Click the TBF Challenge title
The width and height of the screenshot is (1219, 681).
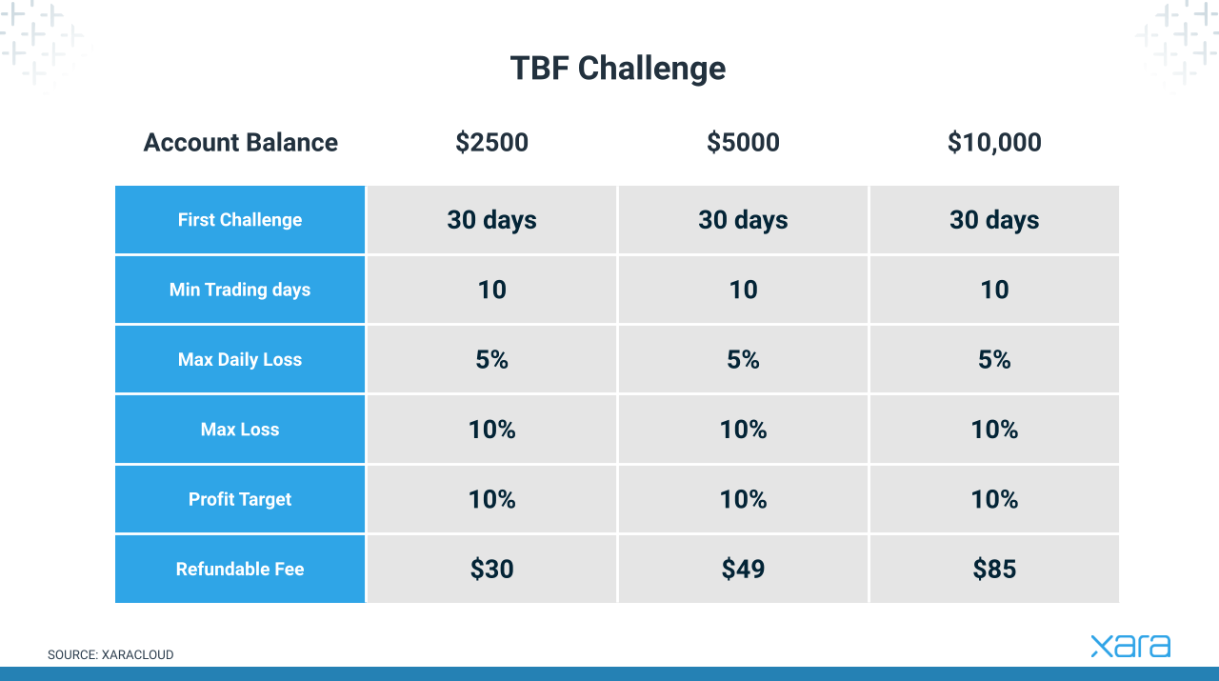pos(618,69)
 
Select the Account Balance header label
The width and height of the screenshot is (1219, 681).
pos(241,143)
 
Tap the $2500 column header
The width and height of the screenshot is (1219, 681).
pos(492,143)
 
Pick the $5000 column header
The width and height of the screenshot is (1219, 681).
pos(744,143)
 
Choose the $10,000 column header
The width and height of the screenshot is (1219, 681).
pos(994,143)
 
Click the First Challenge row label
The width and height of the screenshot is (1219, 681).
pos(240,220)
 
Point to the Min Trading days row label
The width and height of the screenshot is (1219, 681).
pos(240,290)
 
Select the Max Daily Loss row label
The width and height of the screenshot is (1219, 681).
pos(240,359)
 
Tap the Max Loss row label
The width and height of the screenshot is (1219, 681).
pos(240,430)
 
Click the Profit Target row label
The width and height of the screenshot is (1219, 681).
pos(240,499)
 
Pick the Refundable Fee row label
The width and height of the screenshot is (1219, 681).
pos(240,569)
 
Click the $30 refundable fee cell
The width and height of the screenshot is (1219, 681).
pos(492,569)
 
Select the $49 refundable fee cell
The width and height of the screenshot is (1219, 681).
pos(744,569)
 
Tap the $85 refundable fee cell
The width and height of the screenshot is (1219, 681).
pos(994,569)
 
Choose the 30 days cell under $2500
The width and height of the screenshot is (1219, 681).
pos(492,220)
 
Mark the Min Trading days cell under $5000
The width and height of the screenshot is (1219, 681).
pos(744,290)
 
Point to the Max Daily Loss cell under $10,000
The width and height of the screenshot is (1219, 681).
pos(994,359)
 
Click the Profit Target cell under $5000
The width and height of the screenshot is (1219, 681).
pos(744,499)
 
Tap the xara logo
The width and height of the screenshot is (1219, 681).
pos(1130,646)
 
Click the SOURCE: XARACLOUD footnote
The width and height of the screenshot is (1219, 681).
pos(110,655)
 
